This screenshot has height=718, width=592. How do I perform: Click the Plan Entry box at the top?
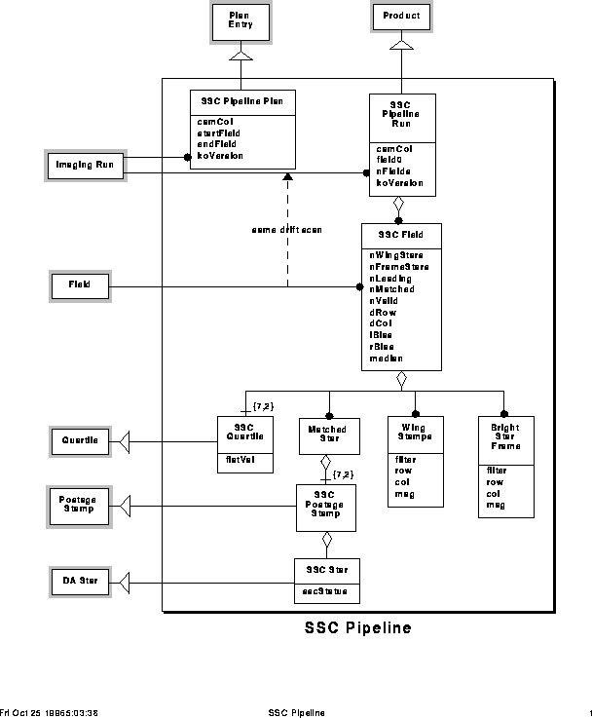(240, 19)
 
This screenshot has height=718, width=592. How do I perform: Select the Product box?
(400, 17)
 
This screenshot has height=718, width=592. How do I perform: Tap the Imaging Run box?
(85, 166)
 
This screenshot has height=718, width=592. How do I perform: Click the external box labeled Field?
(79, 286)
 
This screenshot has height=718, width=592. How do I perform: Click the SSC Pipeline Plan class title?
(241, 101)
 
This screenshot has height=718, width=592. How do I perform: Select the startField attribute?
(219, 132)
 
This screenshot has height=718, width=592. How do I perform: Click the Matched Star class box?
(327, 432)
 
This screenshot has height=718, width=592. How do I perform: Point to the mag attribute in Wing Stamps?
(403, 494)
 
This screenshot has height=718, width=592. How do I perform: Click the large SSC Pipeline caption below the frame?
(357, 628)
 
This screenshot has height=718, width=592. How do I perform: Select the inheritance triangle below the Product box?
(401, 46)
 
